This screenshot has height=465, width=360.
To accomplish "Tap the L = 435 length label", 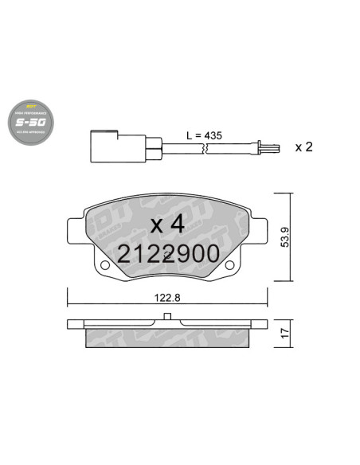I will pos(203,137).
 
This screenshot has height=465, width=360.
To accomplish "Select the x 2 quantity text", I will pos(303,147).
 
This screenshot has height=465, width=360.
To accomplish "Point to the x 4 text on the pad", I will pos(167,225).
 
